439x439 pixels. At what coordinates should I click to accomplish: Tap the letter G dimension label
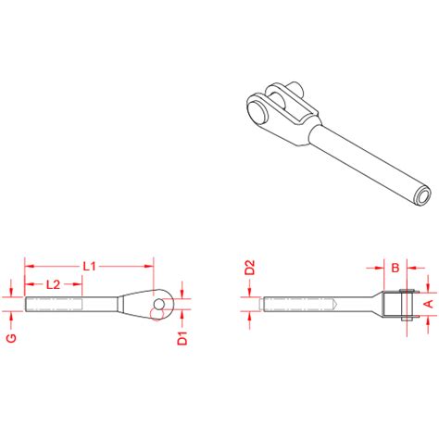point(12,338)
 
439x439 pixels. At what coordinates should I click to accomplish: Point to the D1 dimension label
point(182,339)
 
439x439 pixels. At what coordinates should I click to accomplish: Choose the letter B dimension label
point(395,269)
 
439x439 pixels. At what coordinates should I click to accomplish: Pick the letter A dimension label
point(428,303)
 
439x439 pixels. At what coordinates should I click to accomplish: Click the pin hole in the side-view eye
point(160,303)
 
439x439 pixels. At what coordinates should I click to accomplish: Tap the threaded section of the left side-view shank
point(56,303)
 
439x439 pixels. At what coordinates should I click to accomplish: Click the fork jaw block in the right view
point(400,304)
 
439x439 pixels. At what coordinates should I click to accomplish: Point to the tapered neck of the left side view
point(122,303)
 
